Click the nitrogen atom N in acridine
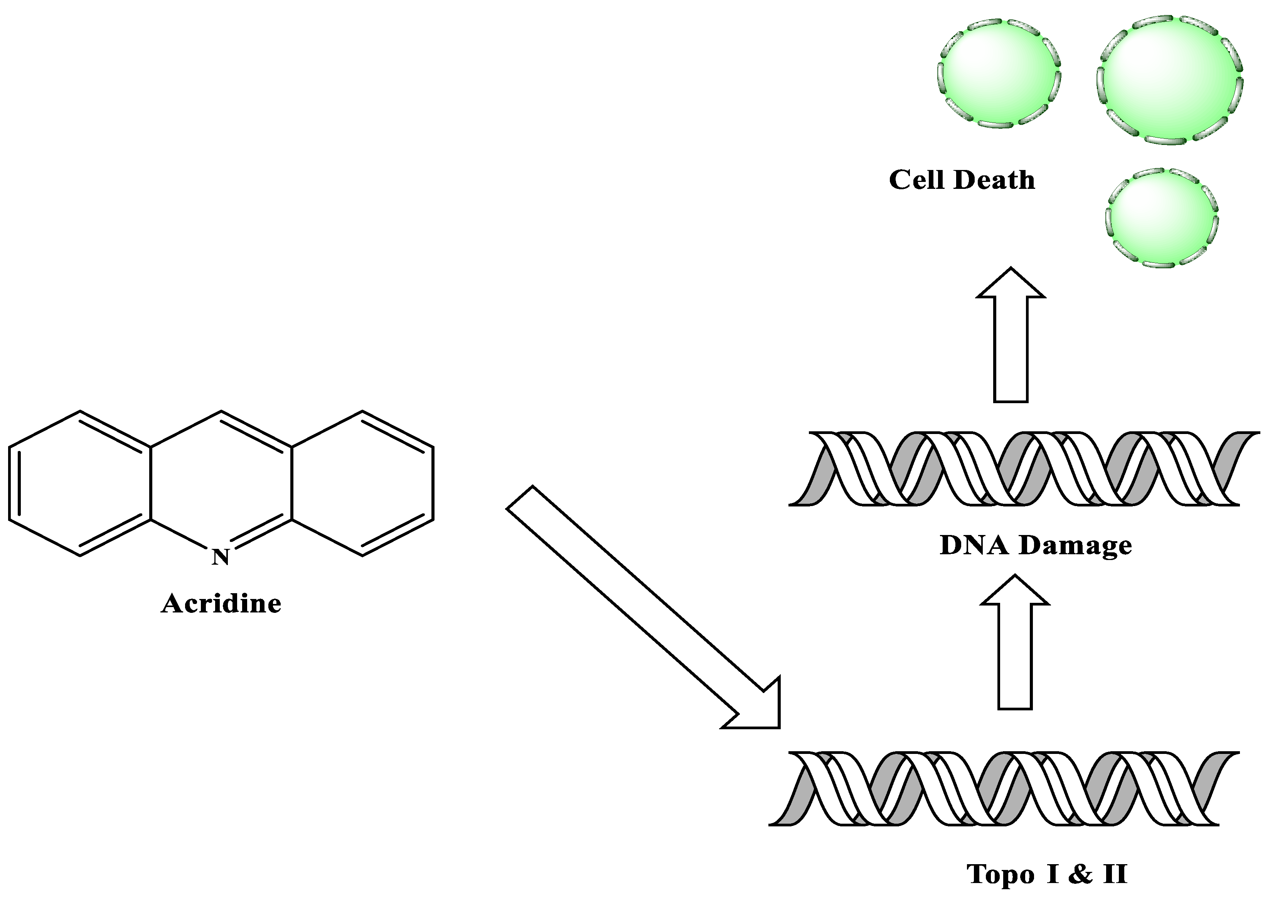(221, 557)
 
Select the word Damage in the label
(1075, 546)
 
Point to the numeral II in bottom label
(1115, 875)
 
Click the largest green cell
(1170, 80)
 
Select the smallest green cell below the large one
(1161, 218)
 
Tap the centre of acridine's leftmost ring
(80, 483)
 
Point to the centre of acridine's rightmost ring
(362, 483)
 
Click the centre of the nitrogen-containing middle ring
(221, 483)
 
